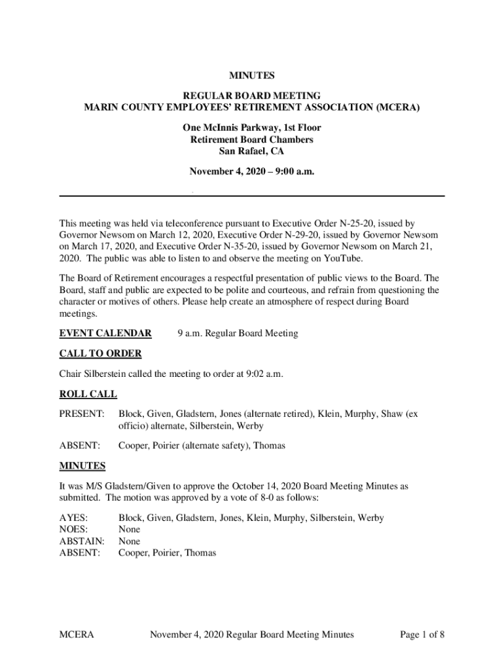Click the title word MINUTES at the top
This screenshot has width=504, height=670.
click(x=251, y=76)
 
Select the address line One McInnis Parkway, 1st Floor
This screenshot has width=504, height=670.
click(x=251, y=128)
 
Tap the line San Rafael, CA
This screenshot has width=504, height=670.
click(x=251, y=152)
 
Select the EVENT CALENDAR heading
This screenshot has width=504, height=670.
click(x=105, y=334)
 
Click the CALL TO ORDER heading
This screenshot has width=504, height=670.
click(x=100, y=354)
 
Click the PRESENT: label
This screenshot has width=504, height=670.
click(x=82, y=414)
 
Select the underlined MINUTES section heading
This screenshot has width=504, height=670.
click(x=82, y=466)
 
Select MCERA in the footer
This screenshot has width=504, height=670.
click(x=77, y=634)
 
